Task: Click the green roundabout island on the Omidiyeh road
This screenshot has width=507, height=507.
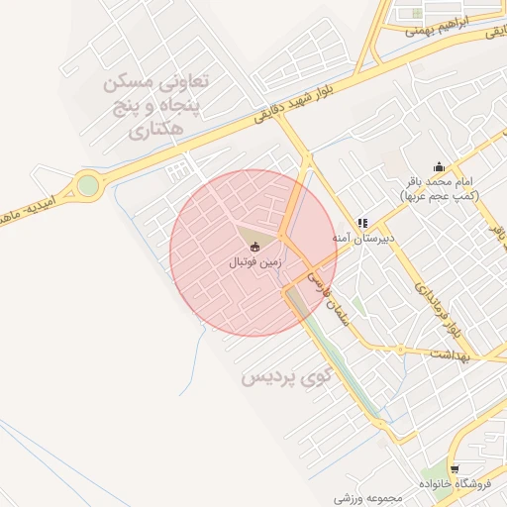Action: (x=89, y=185)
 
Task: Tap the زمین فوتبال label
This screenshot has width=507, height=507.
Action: (x=255, y=263)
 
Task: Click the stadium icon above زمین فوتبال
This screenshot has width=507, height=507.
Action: (x=254, y=247)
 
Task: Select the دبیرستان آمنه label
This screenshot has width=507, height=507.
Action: (x=362, y=239)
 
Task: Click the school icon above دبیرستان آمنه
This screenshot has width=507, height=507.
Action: (x=362, y=224)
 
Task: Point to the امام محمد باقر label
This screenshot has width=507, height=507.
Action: (x=439, y=183)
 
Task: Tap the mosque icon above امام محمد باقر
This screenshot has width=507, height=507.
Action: (x=439, y=166)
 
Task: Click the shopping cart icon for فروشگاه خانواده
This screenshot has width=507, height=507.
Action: (x=455, y=468)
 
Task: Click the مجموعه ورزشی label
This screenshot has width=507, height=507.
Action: (x=365, y=496)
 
